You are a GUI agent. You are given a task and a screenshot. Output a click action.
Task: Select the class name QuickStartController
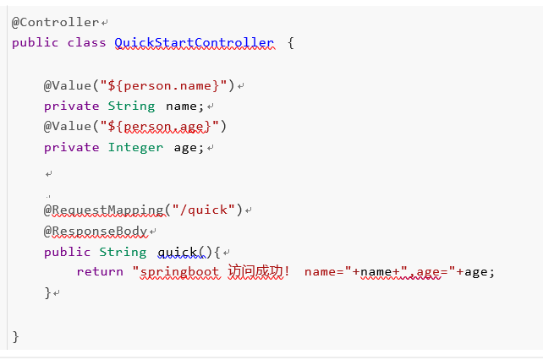click(x=194, y=42)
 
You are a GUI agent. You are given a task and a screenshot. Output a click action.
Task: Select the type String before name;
click(x=131, y=106)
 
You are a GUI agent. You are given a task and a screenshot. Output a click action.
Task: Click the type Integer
click(x=135, y=147)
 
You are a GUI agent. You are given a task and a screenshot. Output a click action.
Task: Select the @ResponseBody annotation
click(x=96, y=231)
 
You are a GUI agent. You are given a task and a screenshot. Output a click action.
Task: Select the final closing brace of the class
click(x=15, y=336)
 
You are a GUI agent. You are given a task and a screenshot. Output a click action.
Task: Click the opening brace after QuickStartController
click(x=291, y=42)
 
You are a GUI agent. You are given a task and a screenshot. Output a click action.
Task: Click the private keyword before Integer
click(x=71, y=147)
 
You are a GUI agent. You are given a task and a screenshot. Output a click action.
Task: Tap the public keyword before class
click(x=36, y=42)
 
